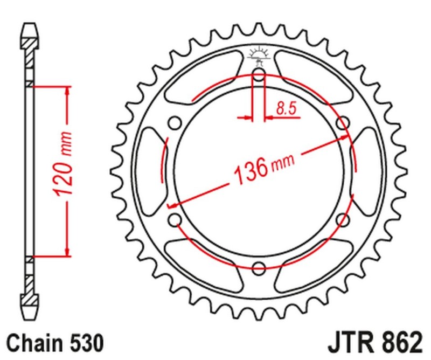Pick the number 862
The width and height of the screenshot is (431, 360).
click(x=399, y=342)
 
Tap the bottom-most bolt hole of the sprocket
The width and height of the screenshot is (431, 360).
click(x=259, y=267)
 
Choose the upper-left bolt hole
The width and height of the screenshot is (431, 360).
click(x=175, y=123)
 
